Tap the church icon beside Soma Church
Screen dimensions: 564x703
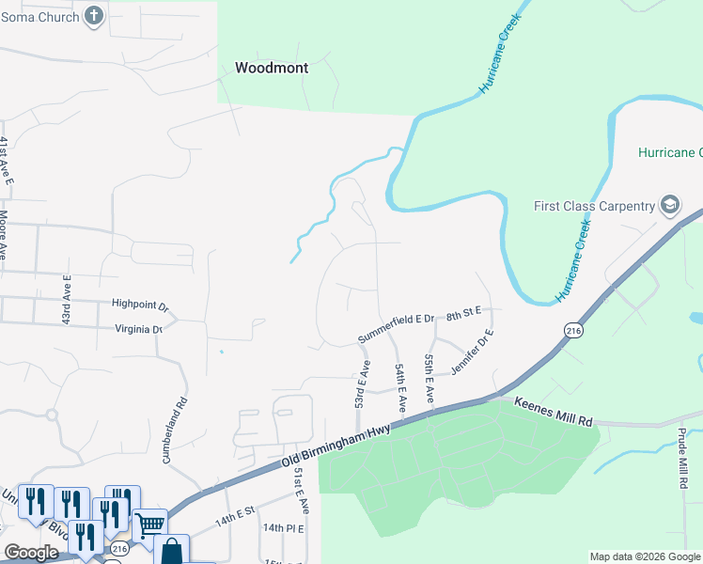click(x=94, y=15)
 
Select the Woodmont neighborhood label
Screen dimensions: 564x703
click(x=272, y=68)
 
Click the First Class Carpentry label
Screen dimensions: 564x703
click(x=593, y=206)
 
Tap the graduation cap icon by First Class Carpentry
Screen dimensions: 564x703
click(x=670, y=205)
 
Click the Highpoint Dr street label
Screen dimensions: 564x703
click(x=139, y=305)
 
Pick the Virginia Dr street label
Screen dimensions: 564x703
click(x=139, y=329)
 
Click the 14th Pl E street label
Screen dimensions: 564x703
click(x=283, y=528)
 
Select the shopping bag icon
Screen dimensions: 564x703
click(x=171, y=550)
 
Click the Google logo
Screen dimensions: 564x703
click(x=32, y=553)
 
